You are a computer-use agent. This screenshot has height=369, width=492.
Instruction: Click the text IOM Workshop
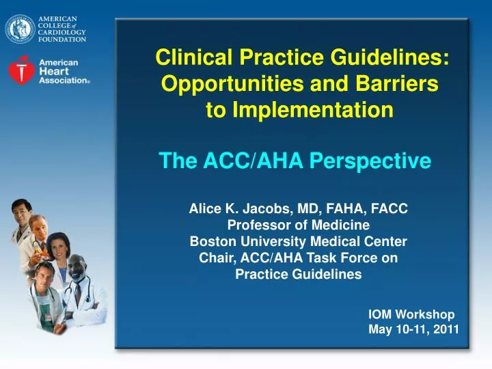tap(411, 314)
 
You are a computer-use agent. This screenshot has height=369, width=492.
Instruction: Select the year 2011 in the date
tap(445, 329)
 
